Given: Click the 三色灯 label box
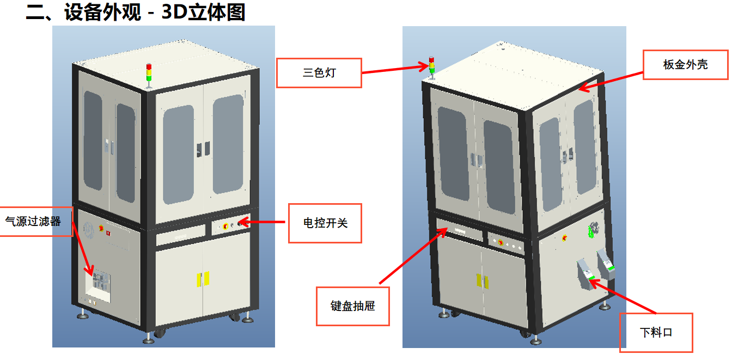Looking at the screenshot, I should point(319,72).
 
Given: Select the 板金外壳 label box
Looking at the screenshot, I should point(685,65).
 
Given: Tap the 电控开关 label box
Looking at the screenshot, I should point(325,223).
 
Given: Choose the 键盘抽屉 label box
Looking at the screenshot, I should point(352,306).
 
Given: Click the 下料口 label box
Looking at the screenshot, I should point(656,332).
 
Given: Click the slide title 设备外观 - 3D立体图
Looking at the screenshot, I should point(136,12).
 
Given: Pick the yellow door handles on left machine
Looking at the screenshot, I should point(203,278).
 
